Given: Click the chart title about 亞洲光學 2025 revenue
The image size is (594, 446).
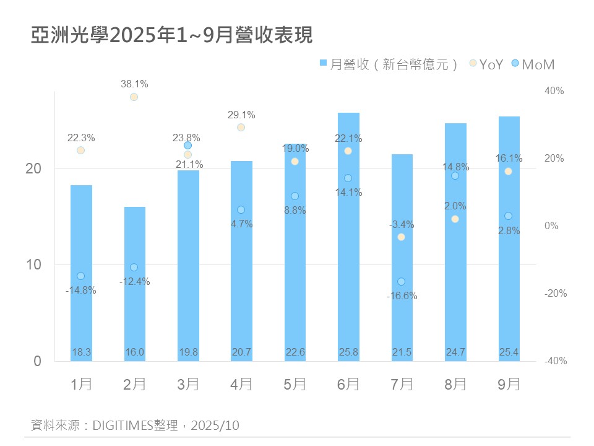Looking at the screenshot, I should [x=172, y=35].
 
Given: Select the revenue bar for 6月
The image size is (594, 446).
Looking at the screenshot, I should [x=348, y=235].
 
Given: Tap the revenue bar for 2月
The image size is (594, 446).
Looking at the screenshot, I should [x=134, y=285].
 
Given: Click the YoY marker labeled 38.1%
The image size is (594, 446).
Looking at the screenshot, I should [x=134, y=97].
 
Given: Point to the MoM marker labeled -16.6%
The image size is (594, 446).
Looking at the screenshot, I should [x=401, y=282].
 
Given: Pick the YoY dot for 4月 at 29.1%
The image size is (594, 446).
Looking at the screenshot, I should [x=241, y=127].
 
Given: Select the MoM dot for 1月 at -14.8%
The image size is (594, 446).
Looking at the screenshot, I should [x=80, y=276].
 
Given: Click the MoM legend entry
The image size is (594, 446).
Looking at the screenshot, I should [x=533, y=64].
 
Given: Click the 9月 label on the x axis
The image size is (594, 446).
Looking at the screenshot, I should [x=509, y=385].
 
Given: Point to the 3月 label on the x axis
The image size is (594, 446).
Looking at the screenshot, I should [x=187, y=385].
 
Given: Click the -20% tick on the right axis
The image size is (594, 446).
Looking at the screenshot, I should [x=555, y=294].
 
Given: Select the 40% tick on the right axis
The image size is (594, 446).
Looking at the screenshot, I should [x=554, y=91].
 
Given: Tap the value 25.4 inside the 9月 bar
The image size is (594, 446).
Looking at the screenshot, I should [x=509, y=352].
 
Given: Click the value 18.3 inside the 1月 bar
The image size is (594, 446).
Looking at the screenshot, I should [x=81, y=352].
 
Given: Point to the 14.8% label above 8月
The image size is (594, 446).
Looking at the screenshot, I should [x=455, y=167].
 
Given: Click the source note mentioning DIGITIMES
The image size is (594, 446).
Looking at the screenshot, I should [x=135, y=426].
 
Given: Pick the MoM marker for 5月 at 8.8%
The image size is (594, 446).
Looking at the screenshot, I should [x=295, y=196].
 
